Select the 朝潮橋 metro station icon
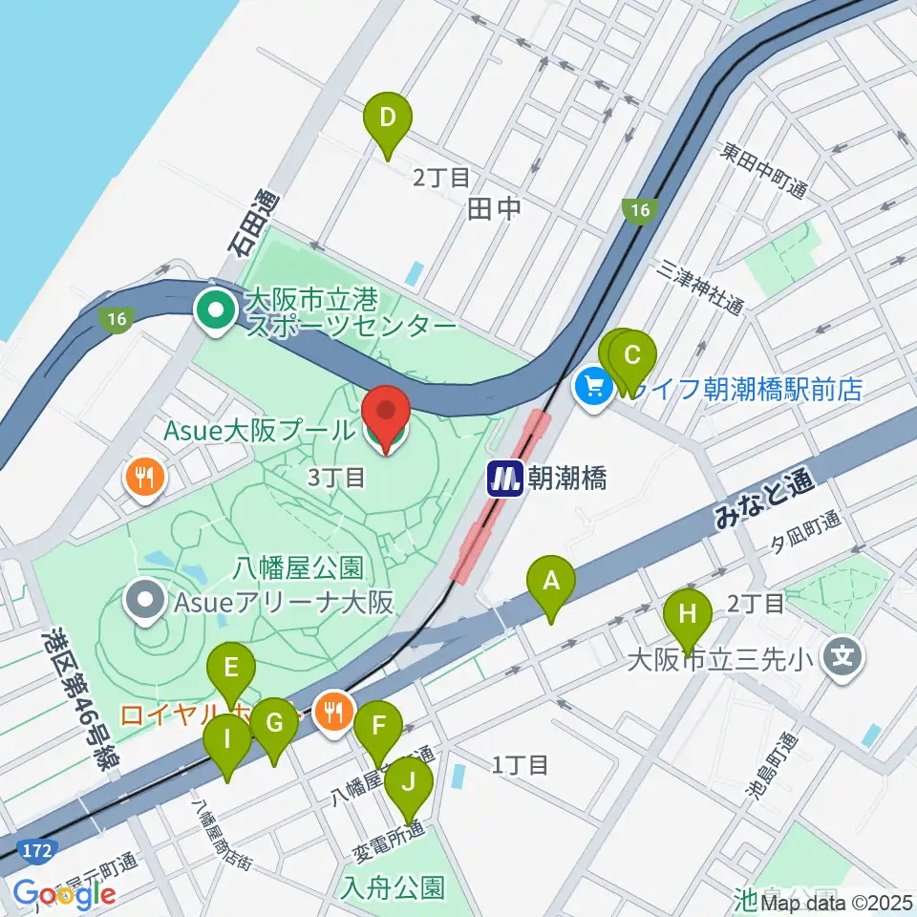(504, 478)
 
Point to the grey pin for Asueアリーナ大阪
(146, 602)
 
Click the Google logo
(64, 894)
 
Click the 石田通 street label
(251, 224)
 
